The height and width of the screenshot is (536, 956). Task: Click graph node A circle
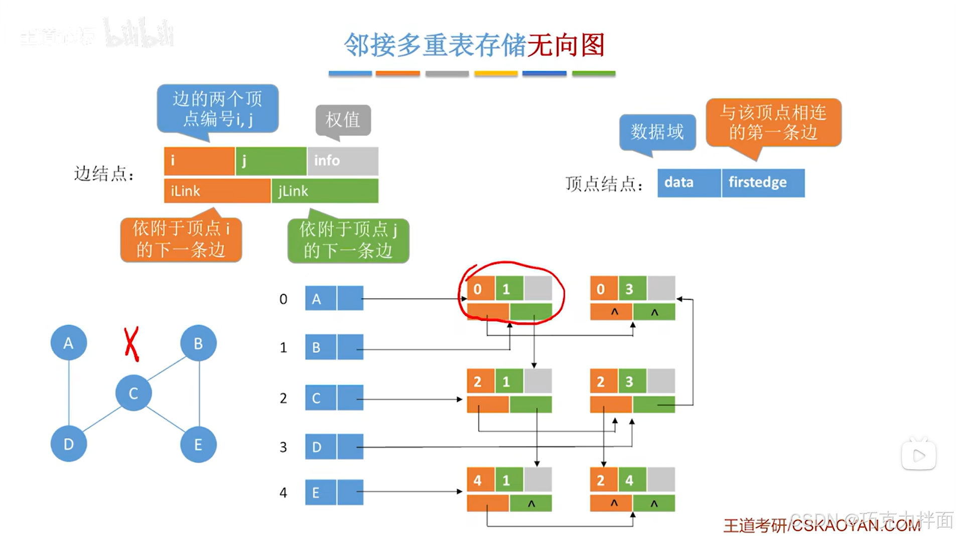coord(69,343)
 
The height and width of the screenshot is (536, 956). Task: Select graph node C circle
coord(133,393)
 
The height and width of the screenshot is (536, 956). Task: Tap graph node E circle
coord(198,444)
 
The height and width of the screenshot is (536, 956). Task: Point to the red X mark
coord(131,344)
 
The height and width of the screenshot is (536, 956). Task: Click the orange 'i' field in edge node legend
coord(199,161)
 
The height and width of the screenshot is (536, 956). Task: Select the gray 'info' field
coord(343,161)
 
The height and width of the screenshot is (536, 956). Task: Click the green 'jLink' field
coord(325,191)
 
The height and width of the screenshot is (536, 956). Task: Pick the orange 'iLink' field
coord(217,191)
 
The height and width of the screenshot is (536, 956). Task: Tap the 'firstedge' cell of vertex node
coord(763,182)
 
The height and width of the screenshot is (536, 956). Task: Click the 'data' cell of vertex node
coord(689,182)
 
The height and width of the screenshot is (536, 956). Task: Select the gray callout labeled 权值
coord(343,119)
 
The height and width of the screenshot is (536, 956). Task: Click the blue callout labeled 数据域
coord(657,132)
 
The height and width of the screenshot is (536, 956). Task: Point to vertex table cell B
coord(321,347)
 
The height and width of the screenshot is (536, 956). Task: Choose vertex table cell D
coord(321,447)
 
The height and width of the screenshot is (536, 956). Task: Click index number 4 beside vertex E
coord(284,493)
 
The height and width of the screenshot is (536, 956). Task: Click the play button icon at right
coord(918,456)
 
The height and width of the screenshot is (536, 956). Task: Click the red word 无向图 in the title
coord(566,45)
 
